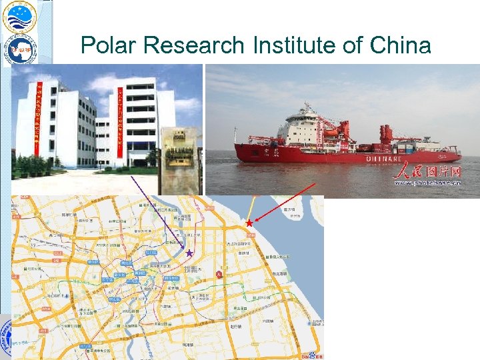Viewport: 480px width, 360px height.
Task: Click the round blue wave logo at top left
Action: (19, 17)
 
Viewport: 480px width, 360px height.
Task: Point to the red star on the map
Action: (249, 223)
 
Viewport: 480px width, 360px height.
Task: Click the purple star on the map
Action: (189, 253)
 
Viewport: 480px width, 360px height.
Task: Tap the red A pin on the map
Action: (219, 273)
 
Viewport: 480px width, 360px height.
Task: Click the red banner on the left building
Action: (39, 123)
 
